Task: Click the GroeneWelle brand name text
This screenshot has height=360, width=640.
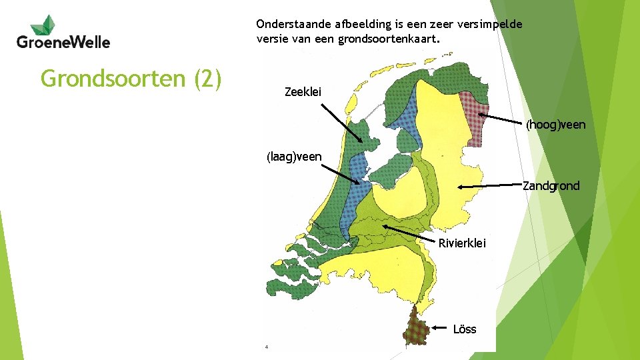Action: coord(63,42)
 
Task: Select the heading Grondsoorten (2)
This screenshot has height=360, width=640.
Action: coord(131,78)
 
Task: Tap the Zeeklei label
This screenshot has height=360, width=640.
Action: coord(303,92)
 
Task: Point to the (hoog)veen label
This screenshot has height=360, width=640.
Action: coord(555,125)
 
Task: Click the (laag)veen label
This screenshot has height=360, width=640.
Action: coord(294,157)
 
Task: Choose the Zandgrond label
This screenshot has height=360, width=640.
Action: coord(551,186)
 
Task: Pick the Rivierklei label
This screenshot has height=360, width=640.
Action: coord(462,243)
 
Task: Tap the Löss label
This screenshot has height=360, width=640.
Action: coord(464,329)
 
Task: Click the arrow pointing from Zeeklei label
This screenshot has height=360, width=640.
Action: coord(339,123)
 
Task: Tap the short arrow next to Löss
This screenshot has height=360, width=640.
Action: coord(438,328)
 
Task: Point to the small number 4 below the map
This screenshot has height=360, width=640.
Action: coord(266,347)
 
